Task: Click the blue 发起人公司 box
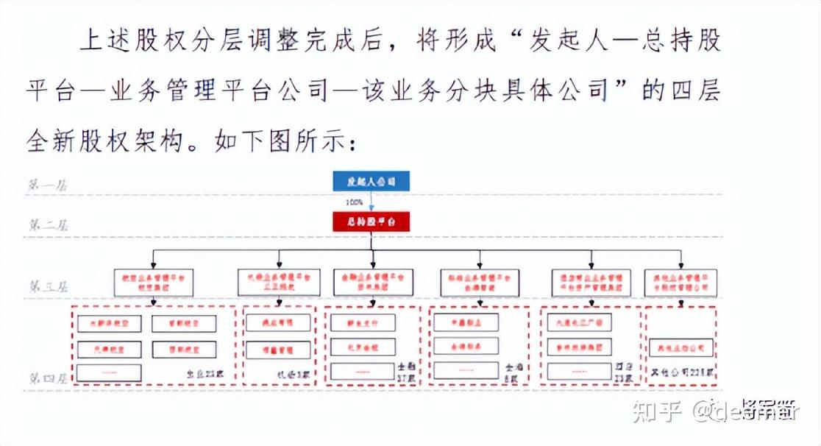(x=370, y=180)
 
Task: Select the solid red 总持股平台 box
(x=370, y=221)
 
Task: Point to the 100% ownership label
(x=355, y=201)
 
